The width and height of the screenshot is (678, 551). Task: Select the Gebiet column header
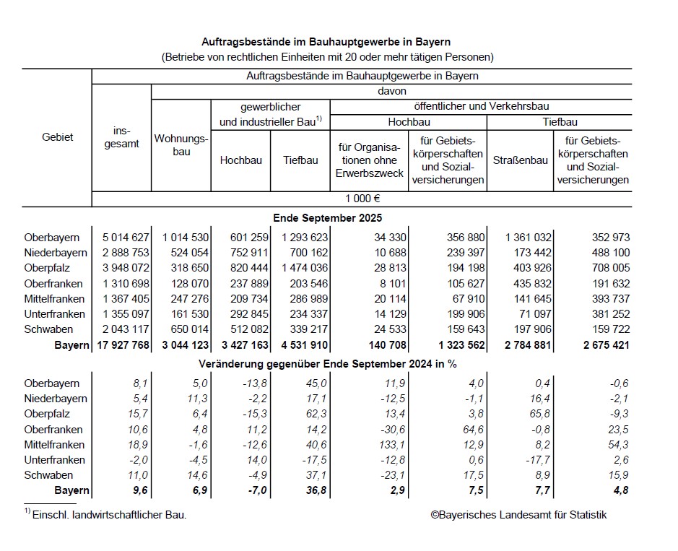[58, 137]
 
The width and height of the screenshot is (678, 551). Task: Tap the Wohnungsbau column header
[181, 145]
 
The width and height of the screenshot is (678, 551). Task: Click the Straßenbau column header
[520, 160]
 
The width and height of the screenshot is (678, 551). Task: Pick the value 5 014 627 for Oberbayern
[121, 238]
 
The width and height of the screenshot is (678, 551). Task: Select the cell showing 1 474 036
[300, 268]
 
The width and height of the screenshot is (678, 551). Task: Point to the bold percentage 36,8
[306, 491]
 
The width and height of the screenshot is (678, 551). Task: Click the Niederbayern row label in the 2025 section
[55, 253]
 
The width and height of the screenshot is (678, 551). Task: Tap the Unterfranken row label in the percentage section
[55, 460]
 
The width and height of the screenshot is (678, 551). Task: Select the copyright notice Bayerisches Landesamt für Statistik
[518, 515]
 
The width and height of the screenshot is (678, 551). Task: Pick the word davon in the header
[391, 92]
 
